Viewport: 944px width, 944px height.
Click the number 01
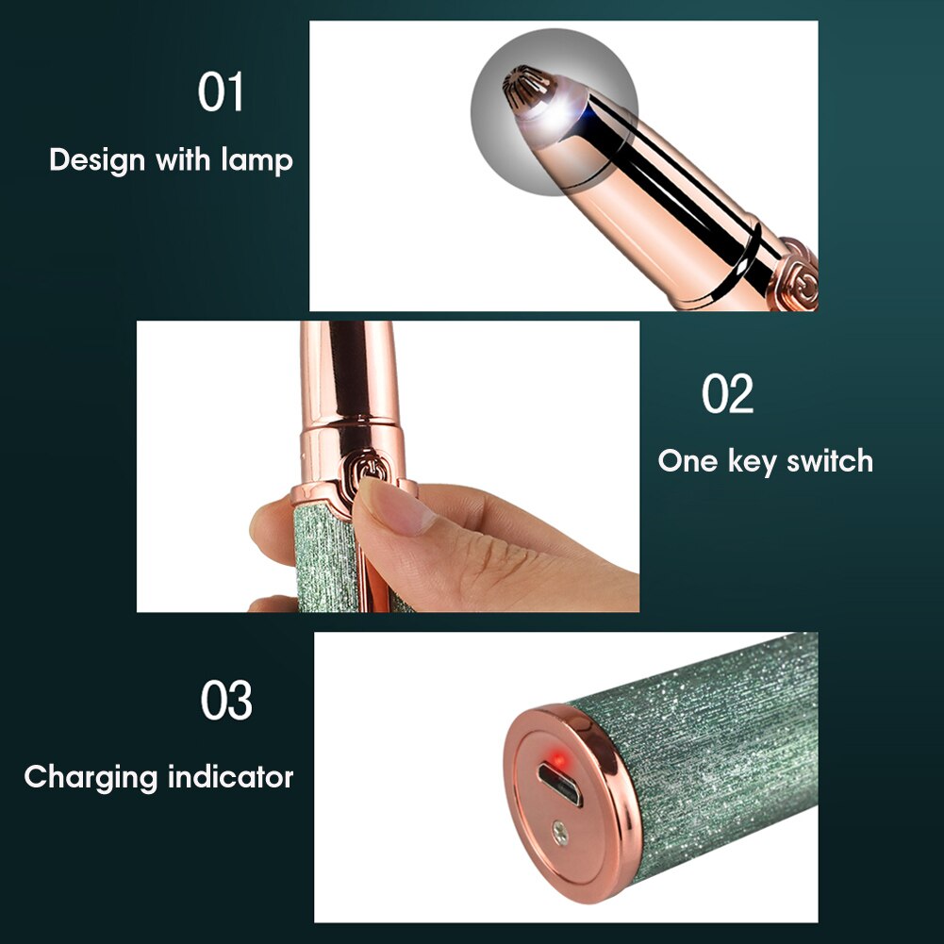(x=221, y=91)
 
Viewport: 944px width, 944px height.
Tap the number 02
(x=727, y=393)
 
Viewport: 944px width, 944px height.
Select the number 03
(x=226, y=700)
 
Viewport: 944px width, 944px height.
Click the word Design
(x=97, y=160)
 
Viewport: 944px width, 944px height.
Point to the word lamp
(x=257, y=160)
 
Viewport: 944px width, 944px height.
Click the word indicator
(x=231, y=777)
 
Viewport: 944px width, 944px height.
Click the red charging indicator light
(x=559, y=760)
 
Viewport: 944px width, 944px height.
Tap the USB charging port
(x=560, y=784)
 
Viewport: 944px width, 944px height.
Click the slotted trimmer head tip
(x=522, y=86)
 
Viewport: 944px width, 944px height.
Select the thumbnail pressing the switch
(x=394, y=505)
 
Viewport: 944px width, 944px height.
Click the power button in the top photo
(x=799, y=278)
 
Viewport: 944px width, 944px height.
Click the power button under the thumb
(x=362, y=469)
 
